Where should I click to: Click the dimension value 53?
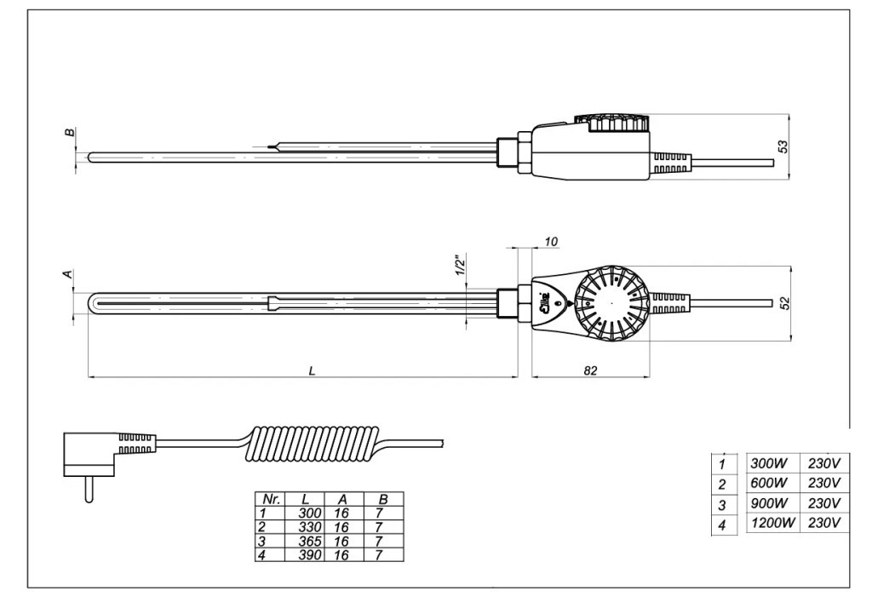coord(783,146)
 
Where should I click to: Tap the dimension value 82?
coord(592,370)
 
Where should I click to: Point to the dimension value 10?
coord(551,242)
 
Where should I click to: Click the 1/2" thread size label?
coord(459,266)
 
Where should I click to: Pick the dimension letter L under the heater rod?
coord(313,370)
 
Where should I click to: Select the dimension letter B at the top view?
coord(68,134)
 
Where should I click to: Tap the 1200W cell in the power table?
coord(771,523)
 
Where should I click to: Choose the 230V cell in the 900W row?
coord(824,502)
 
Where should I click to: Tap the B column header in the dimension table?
coord(382,500)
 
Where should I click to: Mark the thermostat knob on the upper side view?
coord(611,124)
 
